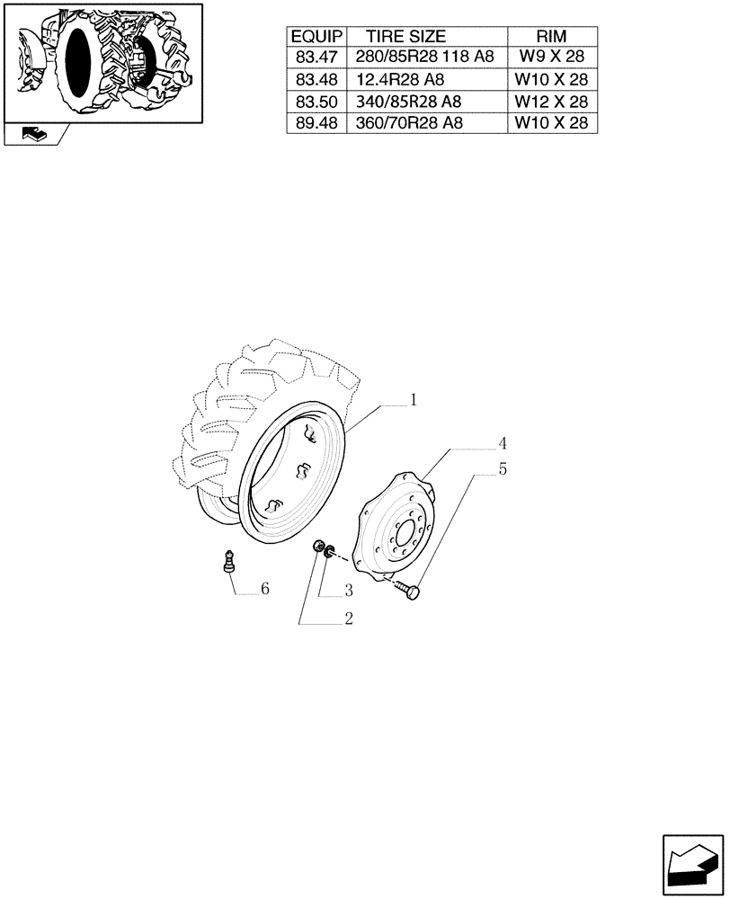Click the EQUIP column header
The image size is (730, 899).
(316, 37)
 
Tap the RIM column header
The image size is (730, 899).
(551, 37)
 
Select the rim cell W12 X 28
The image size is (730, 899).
(551, 102)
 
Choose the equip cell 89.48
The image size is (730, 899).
(316, 123)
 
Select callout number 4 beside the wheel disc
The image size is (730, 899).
(503, 443)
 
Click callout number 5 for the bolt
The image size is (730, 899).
(503, 468)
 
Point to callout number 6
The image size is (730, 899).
(264, 589)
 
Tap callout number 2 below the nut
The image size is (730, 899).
(347, 619)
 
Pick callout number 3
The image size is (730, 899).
(347, 591)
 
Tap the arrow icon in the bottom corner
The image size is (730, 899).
(692, 863)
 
